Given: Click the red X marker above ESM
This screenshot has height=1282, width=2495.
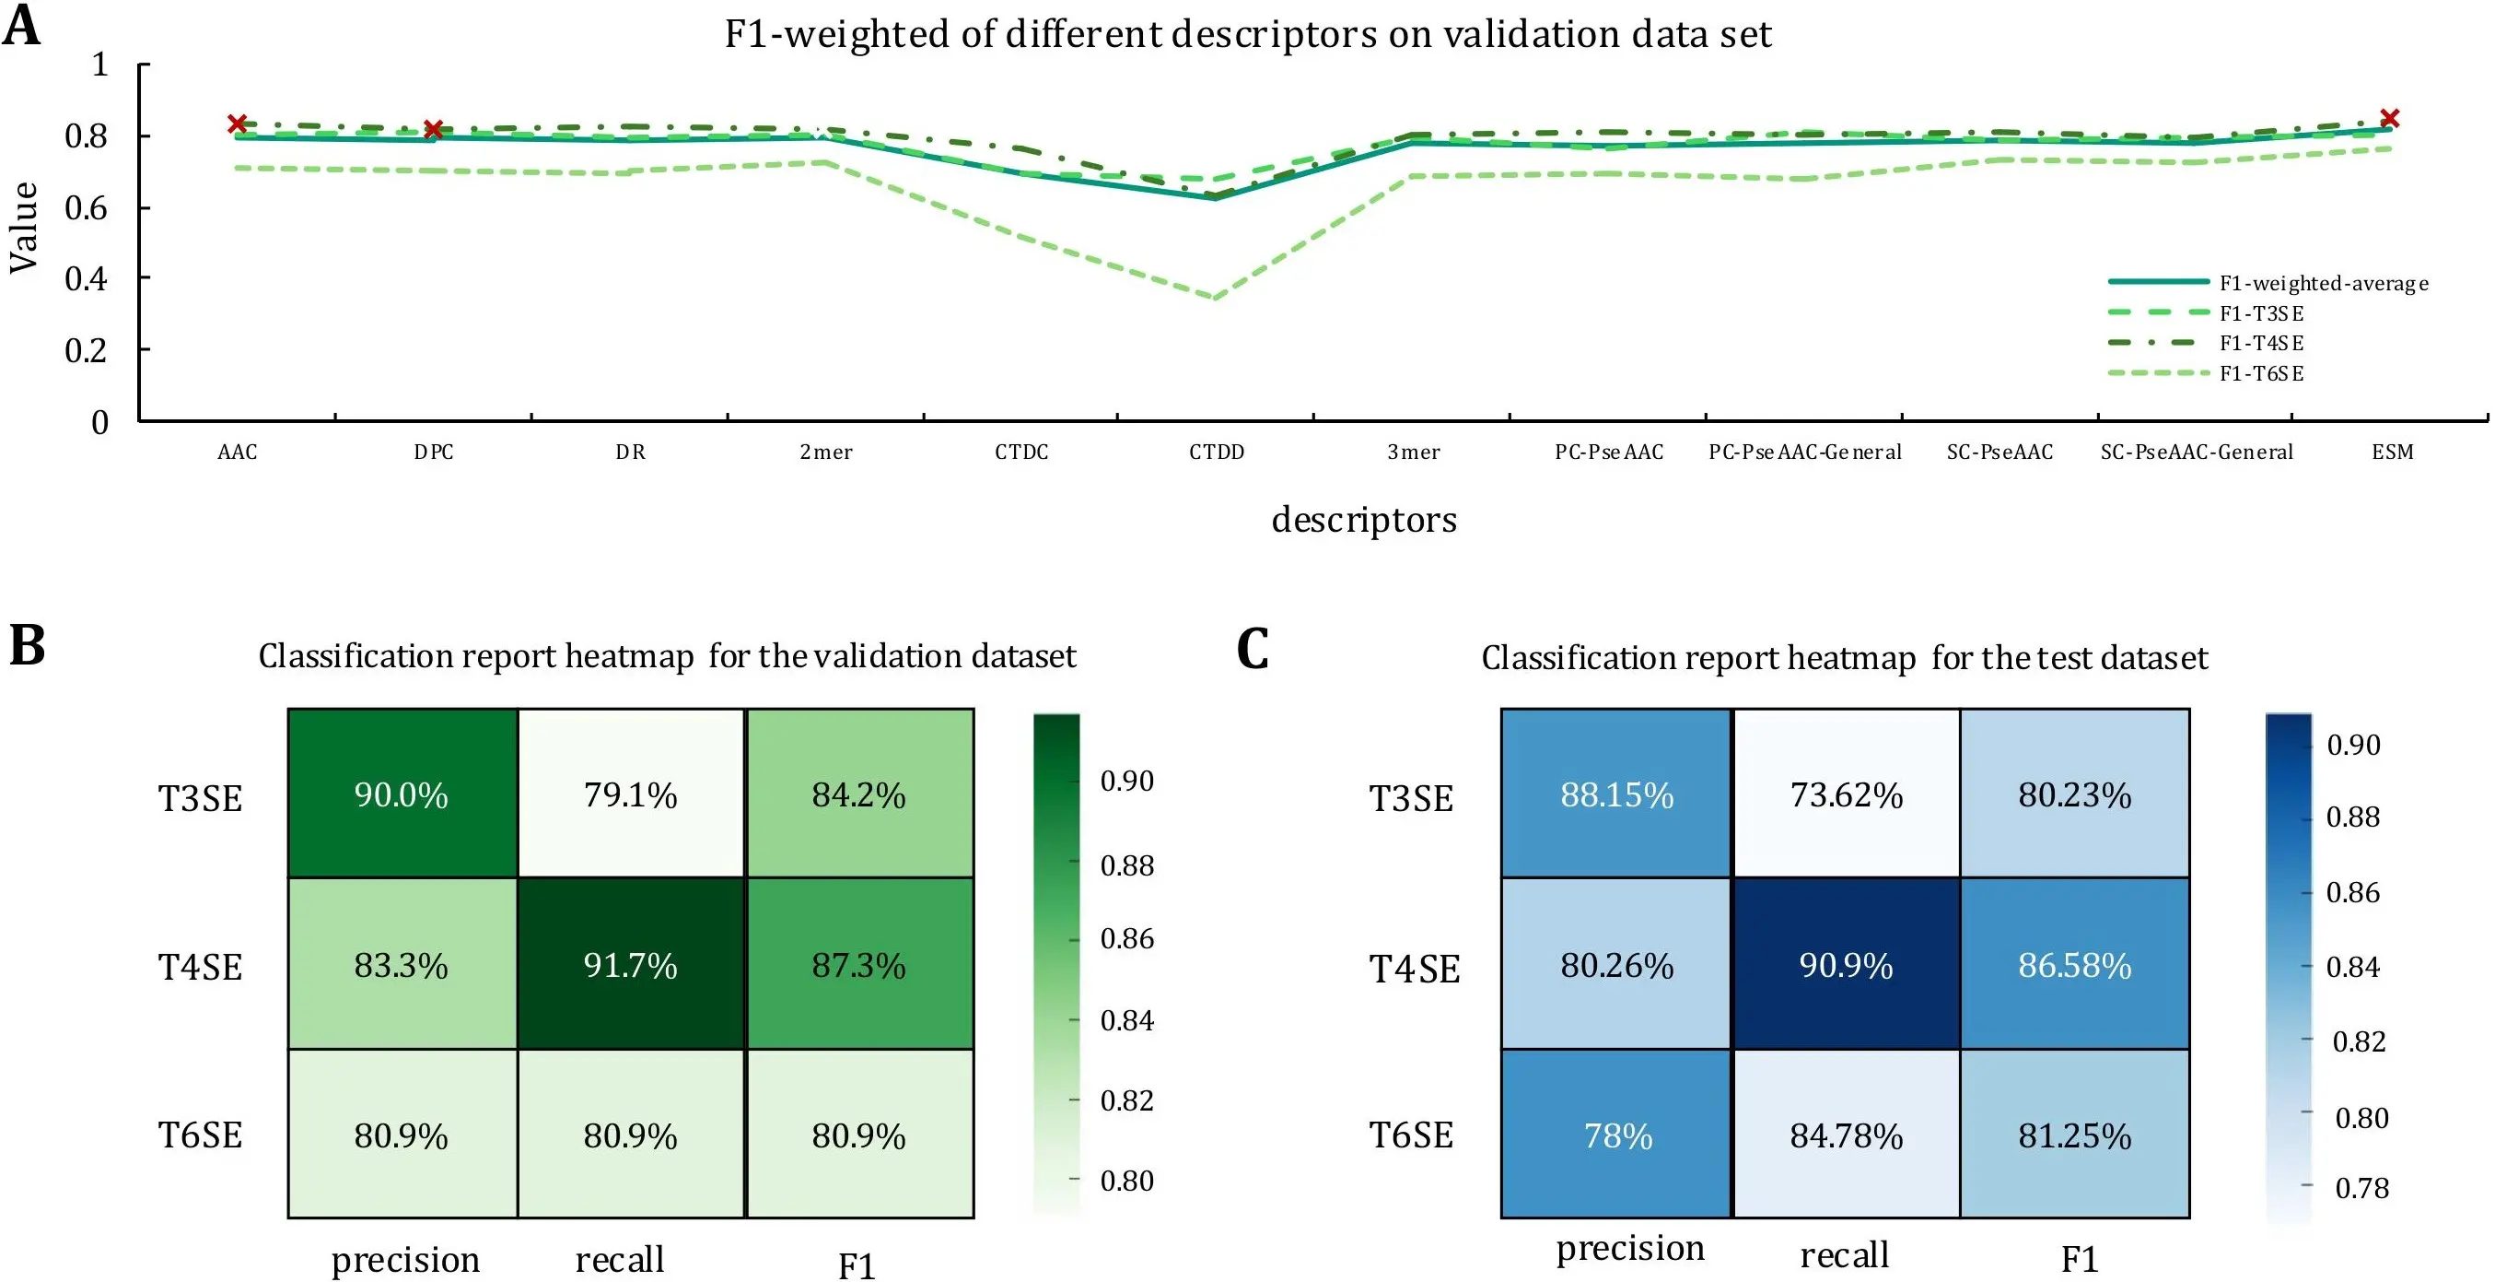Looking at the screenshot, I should click(2389, 118).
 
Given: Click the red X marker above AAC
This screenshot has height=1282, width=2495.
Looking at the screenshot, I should click(238, 123).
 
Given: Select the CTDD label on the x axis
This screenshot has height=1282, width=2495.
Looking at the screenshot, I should click(1217, 452).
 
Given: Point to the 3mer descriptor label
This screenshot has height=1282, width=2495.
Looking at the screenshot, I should click(1413, 452).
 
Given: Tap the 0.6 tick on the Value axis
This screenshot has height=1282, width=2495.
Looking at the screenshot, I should click(87, 207).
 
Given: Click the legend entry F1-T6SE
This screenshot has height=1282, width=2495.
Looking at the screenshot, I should click(2261, 373).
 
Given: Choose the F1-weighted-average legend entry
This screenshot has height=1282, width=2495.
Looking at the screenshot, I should click(2324, 283).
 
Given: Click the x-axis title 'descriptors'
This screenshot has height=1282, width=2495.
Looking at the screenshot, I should click(1364, 520).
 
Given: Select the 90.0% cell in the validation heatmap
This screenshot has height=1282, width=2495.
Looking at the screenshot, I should click(402, 794).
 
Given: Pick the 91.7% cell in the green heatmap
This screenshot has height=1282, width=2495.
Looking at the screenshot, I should click(631, 965).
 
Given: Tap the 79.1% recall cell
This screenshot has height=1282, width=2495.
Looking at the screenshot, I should click(631, 794).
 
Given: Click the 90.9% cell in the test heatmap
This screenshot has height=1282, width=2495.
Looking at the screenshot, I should click(1846, 965).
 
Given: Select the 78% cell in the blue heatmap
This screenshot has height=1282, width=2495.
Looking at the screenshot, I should click(1617, 1135).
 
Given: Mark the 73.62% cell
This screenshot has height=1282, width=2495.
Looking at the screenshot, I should click(1846, 794).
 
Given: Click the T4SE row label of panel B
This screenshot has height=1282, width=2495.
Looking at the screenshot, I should click(201, 967).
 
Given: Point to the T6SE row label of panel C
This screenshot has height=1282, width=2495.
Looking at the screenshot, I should click(1411, 1135).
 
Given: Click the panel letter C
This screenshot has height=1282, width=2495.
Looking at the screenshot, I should click(1253, 648).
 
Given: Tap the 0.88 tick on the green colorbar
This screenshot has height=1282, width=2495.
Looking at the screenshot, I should click(1127, 864).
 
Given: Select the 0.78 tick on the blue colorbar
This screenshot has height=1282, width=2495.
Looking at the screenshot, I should click(2361, 1188).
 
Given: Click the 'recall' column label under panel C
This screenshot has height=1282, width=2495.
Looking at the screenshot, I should click(1844, 1255).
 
